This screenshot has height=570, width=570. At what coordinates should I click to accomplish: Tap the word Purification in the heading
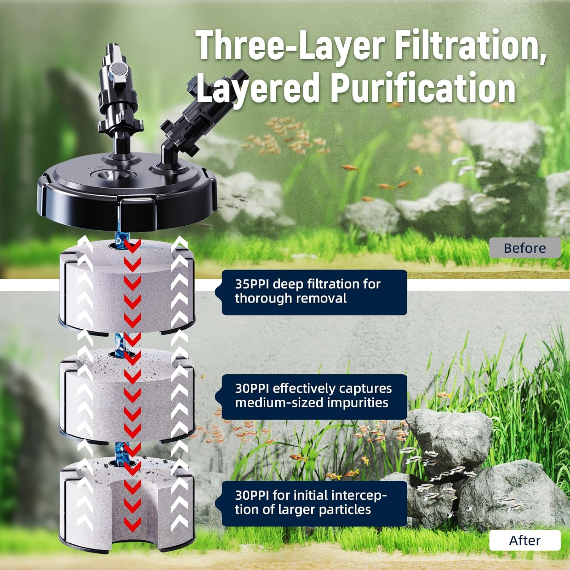coord(423,88)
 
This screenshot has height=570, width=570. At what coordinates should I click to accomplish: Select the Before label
coord(524,248)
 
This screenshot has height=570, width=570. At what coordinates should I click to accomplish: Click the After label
coord(524,540)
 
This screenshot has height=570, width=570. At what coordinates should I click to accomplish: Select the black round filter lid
coord(125,198)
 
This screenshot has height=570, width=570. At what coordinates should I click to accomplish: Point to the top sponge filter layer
coord(125,289)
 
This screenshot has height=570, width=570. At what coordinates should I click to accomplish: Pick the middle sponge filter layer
coord(125,395)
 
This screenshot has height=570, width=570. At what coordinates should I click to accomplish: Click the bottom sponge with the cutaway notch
coord(125,502)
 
